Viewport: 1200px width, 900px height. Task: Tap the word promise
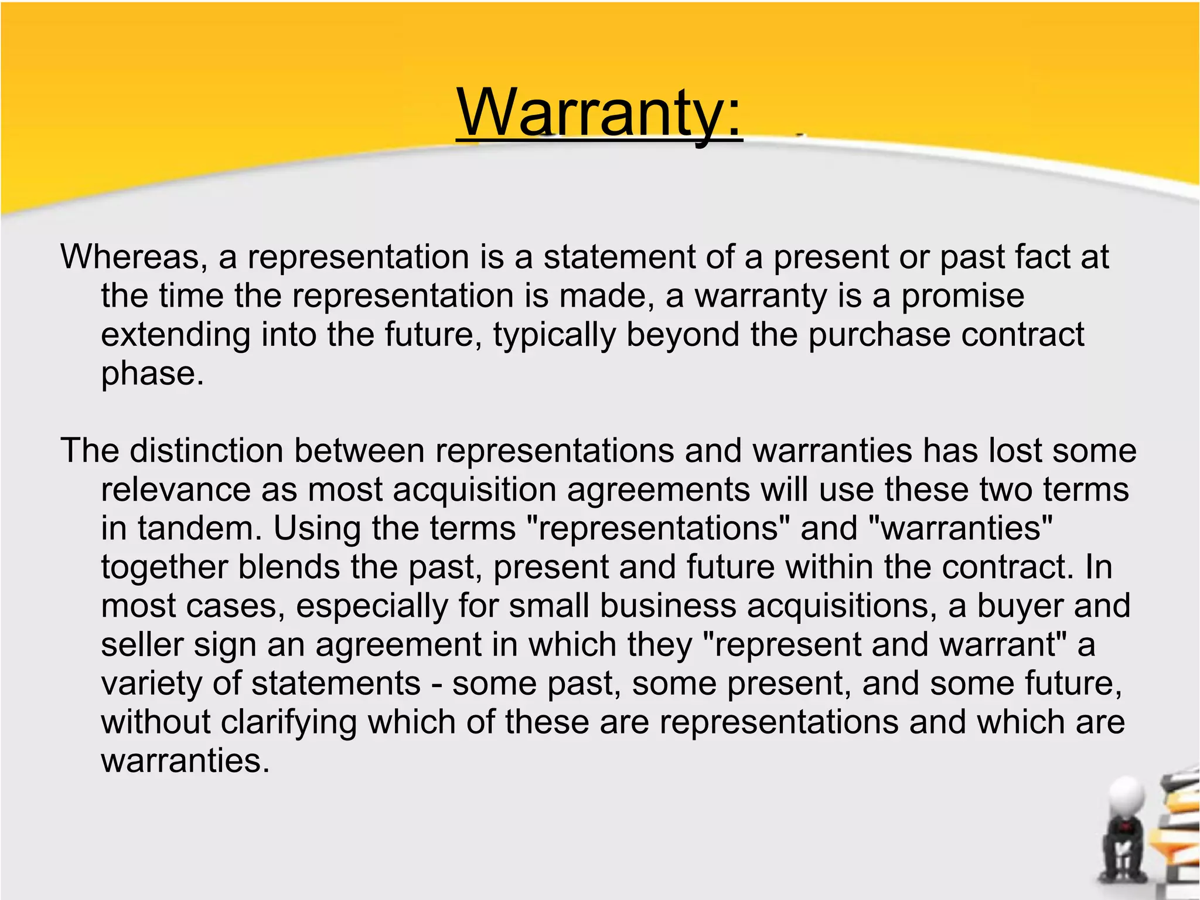pyautogui.click(x=962, y=296)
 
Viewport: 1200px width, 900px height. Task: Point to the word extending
pyautogui.click(x=175, y=335)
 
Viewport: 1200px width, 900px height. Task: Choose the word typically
pyautogui.click(x=554, y=335)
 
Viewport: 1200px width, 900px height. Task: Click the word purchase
pyautogui.click(x=879, y=335)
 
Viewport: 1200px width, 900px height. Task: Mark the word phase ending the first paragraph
pyautogui.click(x=152, y=373)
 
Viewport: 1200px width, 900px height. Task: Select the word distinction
pyautogui.click(x=206, y=451)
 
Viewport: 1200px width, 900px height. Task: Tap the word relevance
pyautogui.click(x=175, y=490)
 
